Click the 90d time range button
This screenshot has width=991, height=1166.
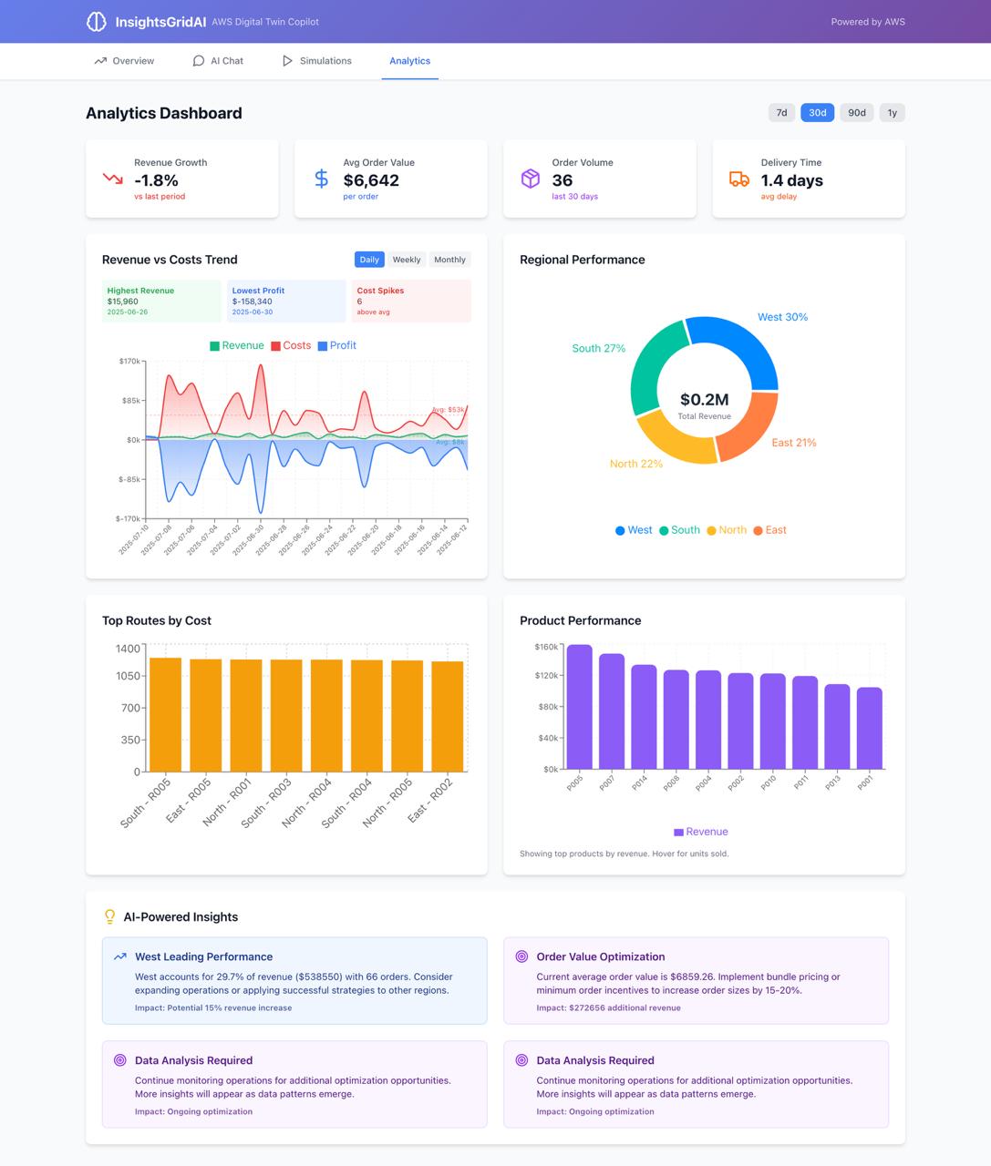[856, 113]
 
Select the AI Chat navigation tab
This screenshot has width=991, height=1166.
[218, 61]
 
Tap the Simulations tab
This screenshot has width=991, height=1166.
[316, 61]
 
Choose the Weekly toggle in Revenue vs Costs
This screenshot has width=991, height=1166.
[407, 260]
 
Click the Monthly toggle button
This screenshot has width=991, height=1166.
[449, 260]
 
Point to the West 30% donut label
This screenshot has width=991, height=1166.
[782, 317]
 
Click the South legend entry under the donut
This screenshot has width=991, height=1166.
[679, 530]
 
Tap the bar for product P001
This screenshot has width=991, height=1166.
[870, 728]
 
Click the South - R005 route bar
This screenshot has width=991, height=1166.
[165, 714]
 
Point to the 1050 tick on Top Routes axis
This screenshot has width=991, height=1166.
[129, 676]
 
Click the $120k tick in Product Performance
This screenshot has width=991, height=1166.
[546, 675]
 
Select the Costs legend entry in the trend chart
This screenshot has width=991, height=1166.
[291, 346]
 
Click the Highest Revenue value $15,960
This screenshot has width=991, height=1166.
[123, 302]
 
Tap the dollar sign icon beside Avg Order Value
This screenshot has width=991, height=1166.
[321, 179]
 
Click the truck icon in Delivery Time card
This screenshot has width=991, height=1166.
[739, 179]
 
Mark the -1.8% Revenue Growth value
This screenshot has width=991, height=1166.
[156, 180]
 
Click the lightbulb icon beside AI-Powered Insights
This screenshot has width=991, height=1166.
[109, 916]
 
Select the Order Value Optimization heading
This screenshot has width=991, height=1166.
[600, 956]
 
